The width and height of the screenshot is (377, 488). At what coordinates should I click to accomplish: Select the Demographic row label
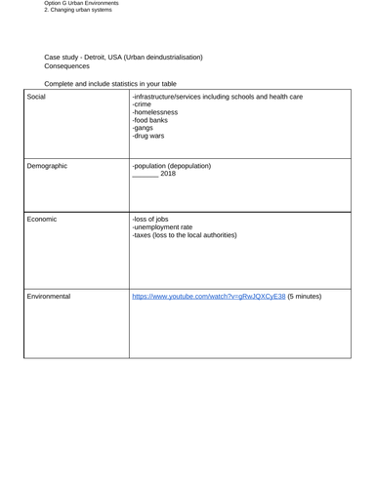point(47,166)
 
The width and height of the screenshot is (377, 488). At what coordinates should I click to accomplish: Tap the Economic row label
point(42,220)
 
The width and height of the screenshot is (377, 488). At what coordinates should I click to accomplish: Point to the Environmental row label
point(49,296)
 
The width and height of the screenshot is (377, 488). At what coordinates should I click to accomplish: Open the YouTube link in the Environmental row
point(208,296)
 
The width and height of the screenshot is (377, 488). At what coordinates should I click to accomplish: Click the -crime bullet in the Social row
point(142,105)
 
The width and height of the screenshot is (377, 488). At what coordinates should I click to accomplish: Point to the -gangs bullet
point(143,129)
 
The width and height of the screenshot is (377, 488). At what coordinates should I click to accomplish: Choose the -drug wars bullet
point(148,137)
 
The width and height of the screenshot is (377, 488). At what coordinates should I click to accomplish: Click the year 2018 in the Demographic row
point(167,174)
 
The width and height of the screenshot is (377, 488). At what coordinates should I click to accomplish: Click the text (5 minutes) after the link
point(304,296)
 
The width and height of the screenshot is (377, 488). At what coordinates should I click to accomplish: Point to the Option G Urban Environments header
point(82,4)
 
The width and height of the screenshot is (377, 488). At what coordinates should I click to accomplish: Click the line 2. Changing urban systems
point(78,11)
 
